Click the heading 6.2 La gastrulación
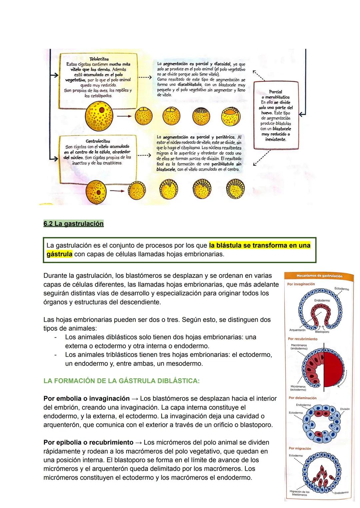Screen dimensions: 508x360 [73, 224]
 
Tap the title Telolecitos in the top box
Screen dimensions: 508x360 [99, 59]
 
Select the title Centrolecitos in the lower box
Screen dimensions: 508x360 [98, 141]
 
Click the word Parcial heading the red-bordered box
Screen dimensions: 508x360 [275, 92]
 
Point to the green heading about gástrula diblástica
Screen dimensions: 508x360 [121, 381]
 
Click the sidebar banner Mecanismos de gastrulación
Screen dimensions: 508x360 [319, 276]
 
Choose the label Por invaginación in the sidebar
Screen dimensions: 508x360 [301, 284]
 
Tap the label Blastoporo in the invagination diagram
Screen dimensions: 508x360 [322, 332]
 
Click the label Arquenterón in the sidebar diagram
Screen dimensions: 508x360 [297, 330]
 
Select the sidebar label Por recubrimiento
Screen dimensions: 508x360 [303, 339]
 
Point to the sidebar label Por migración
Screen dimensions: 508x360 [300, 449]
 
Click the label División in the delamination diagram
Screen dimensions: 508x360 [345, 409]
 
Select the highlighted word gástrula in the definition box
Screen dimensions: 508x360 [59, 254]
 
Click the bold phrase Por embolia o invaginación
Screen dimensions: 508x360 [86, 398]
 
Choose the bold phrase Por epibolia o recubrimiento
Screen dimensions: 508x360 [88, 442]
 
